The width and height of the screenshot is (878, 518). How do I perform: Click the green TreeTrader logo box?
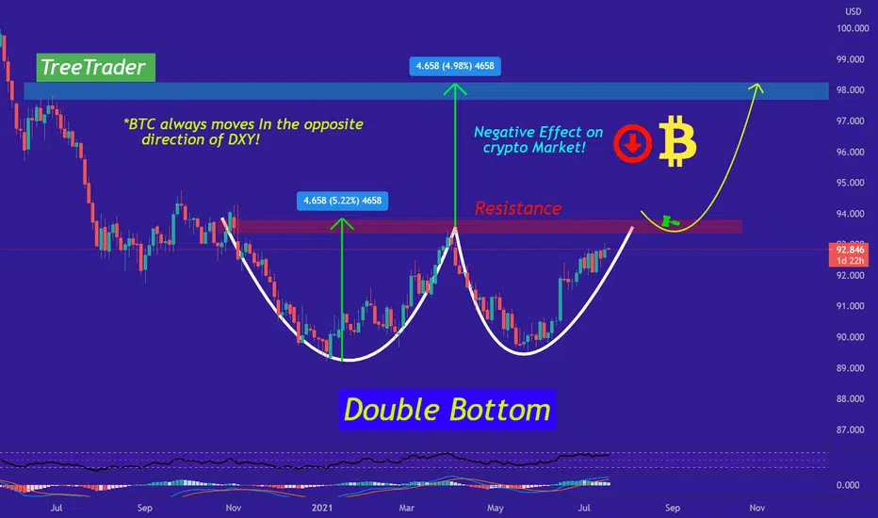click(x=96, y=67)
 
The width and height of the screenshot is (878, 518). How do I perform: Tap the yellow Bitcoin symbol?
click(x=677, y=141)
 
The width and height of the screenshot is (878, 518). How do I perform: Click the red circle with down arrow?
click(x=633, y=143)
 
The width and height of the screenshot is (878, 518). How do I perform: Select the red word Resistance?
click(x=518, y=208)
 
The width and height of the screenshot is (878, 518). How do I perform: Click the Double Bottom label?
click(x=447, y=410)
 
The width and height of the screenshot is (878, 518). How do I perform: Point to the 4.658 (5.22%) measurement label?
click(x=342, y=201)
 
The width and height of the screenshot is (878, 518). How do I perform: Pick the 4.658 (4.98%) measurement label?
click(x=455, y=66)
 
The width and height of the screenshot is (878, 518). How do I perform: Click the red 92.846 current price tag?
click(x=849, y=255)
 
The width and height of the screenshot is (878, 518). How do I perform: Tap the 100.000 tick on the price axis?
click(x=853, y=28)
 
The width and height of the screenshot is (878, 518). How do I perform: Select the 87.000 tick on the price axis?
click(x=850, y=429)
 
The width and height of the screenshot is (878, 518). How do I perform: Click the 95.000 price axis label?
click(x=850, y=183)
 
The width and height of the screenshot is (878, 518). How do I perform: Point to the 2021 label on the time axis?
click(x=322, y=508)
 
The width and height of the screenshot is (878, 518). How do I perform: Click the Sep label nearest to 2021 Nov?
click(x=673, y=508)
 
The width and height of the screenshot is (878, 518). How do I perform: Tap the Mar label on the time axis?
click(x=407, y=508)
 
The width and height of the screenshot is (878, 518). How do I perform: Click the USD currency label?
click(x=854, y=11)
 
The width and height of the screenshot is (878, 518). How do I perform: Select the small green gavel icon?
click(x=669, y=221)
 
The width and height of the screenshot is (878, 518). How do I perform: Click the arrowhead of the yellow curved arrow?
click(x=756, y=87)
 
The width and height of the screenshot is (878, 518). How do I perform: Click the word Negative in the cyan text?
click(x=500, y=132)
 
